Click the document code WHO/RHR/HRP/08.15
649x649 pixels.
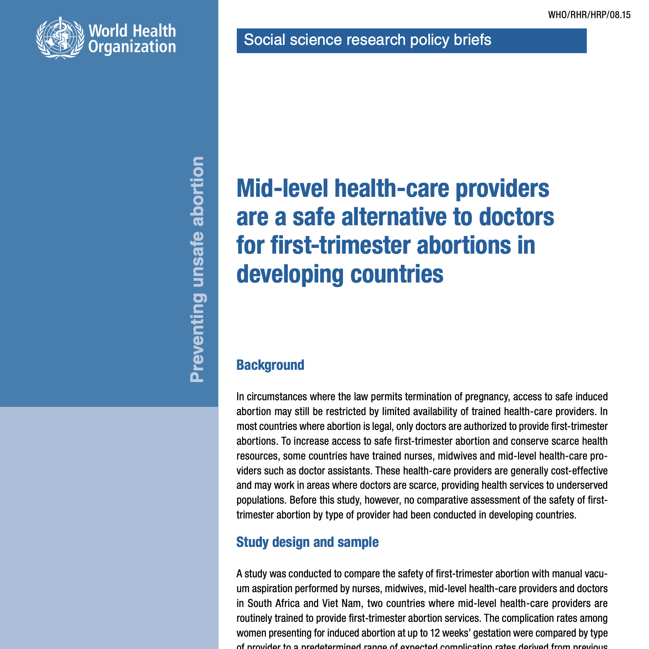[x=589, y=15]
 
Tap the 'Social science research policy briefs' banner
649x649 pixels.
[x=411, y=40]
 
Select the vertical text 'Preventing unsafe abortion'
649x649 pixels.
[x=197, y=269]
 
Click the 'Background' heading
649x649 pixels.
[x=270, y=365]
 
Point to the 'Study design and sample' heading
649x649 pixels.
[x=307, y=542]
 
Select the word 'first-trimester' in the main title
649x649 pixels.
[x=341, y=245]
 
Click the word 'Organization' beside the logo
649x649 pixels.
[x=132, y=47]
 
